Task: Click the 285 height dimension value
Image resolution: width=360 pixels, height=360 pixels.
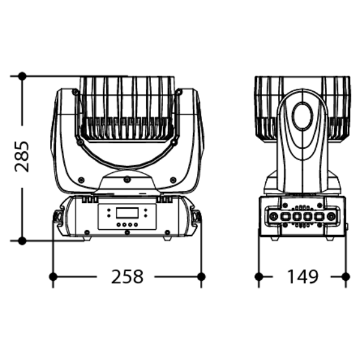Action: pyautogui.click(x=22, y=157)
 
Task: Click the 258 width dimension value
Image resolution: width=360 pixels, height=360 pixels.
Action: pyautogui.click(x=127, y=277)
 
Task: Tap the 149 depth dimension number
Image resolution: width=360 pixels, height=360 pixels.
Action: pyautogui.click(x=303, y=277)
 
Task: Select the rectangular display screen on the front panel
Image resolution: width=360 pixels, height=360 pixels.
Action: pyautogui.click(x=127, y=213)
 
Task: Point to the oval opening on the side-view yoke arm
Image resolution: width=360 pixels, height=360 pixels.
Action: pyautogui.click(x=302, y=116)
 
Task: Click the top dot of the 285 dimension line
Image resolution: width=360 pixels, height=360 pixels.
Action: pyautogui.click(x=22, y=76)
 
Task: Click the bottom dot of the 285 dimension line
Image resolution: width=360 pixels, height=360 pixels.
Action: pyautogui.click(x=22, y=241)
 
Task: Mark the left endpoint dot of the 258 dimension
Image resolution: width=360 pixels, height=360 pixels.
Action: pyautogui.click(x=53, y=277)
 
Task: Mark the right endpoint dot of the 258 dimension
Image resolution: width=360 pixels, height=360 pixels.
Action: pyautogui.click(x=202, y=277)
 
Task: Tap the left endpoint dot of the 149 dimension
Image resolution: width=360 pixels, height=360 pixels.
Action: pyautogui.click(x=259, y=277)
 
